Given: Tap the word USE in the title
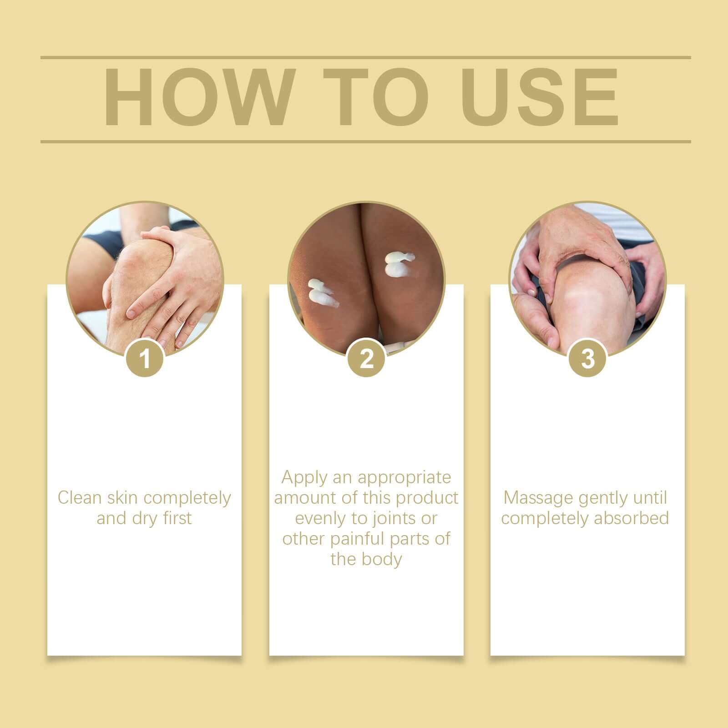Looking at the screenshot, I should [541, 97].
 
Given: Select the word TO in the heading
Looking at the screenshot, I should [376, 97].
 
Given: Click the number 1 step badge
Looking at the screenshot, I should [145, 358].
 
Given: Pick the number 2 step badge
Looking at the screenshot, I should [366, 358].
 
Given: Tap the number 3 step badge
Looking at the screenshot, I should [588, 358].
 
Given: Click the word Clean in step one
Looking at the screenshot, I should [80, 498].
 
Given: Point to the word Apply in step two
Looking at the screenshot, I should [304, 477].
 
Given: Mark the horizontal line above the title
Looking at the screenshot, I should [365, 58].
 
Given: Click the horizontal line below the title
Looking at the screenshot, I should [365, 142].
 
